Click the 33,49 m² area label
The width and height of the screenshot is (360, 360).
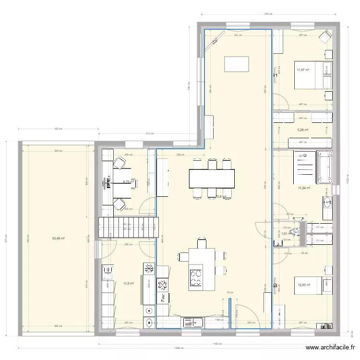click(x=58, y=238)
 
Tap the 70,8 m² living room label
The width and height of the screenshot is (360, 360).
click(x=221, y=196)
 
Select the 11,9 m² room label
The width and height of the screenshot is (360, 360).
click(x=128, y=284)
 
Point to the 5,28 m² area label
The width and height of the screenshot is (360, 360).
click(x=302, y=130)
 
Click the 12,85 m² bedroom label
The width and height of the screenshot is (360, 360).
click(x=304, y=285)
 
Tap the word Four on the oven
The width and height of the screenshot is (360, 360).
click(x=163, y=298)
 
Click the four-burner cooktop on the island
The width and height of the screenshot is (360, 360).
click(x=196, y=278)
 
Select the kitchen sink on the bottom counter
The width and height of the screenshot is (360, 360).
click(x=193, y=322)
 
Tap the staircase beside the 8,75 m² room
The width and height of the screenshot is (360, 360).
click(x=128, y=228)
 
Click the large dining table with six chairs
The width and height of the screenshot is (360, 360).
click(x=212, y=178)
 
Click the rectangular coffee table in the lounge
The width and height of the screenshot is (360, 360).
click(x=237, y=63)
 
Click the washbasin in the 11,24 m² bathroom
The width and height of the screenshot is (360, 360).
click(x=328, y=203)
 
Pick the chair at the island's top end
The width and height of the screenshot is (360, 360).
click(x=202, y=242)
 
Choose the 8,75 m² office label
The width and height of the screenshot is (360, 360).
click(x=128, y=182)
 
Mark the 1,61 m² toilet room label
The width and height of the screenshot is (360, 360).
click(x=284, y=234)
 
